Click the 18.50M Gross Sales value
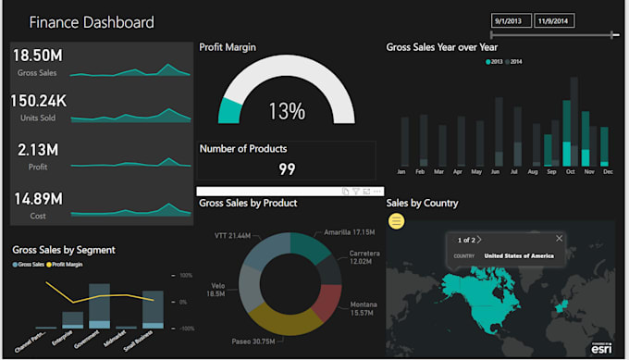(x=37, y=56)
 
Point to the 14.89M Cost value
(x=38, y=198)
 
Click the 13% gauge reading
(x=287, y=112)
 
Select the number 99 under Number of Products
(x=287, y=169)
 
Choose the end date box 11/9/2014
(x=553, y=20)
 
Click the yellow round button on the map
(x=396, y=221)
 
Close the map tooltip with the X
(x=558, y=239)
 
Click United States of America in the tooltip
(x=519, y=255)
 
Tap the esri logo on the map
(x=599, y=348)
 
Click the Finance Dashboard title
(x=92, y=22)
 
